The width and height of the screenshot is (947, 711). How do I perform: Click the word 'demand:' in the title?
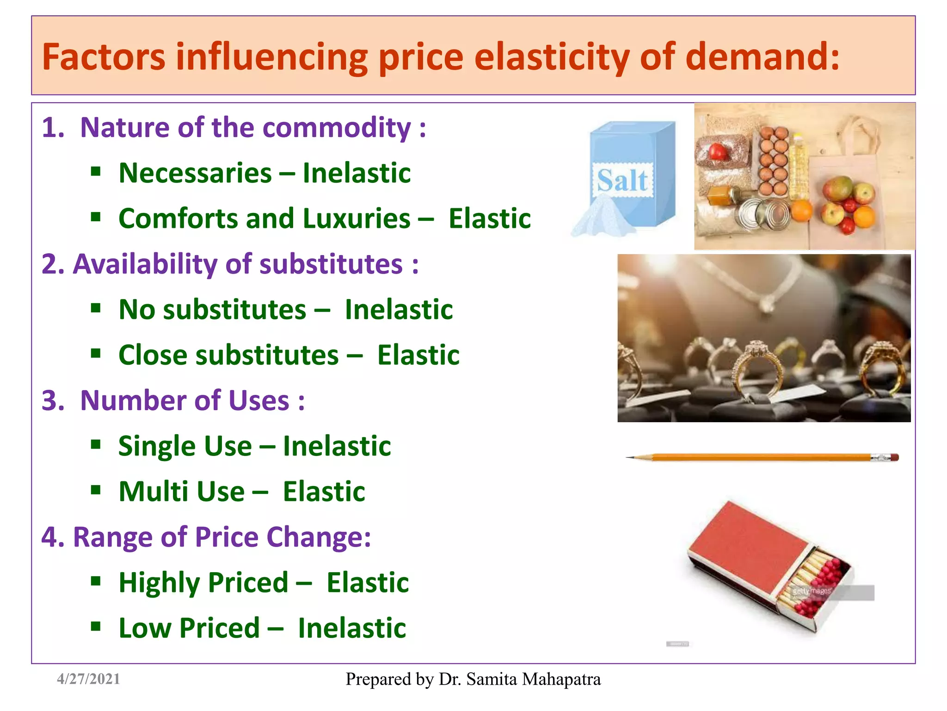coord(762,57)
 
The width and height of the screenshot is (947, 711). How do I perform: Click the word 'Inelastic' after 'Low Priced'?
coord(352,628)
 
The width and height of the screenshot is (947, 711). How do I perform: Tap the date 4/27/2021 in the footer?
coord(88,679)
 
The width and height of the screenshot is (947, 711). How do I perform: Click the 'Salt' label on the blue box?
coord(622,180)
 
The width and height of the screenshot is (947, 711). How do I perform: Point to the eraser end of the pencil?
coord(894,457)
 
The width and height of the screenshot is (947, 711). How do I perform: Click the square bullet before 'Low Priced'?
coord(96,627)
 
